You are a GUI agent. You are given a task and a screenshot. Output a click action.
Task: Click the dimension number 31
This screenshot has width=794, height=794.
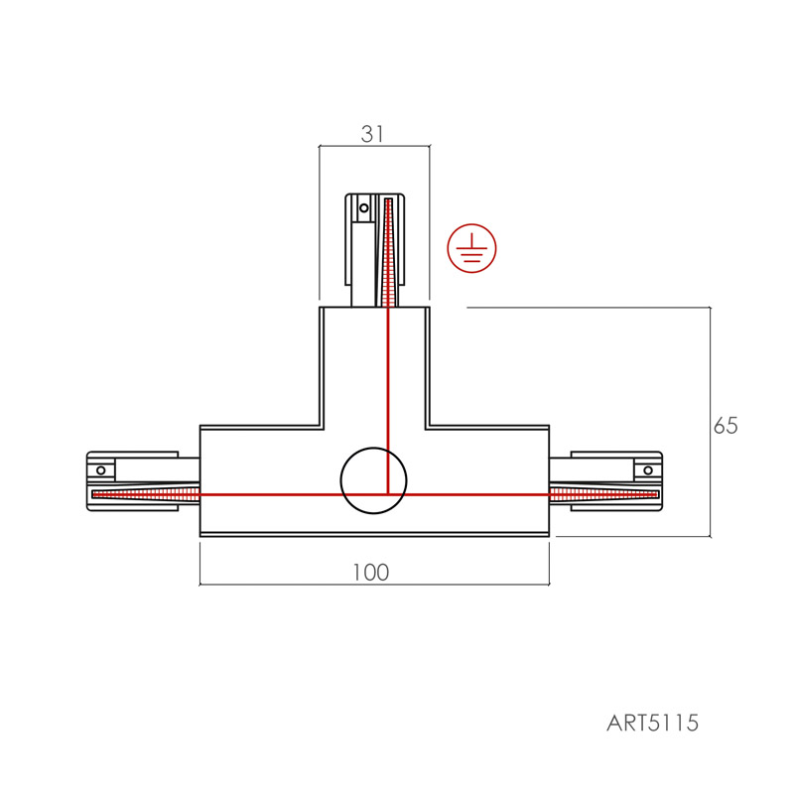coord(372,134)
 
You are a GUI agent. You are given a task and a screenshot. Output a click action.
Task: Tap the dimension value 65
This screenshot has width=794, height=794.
coord(726,426)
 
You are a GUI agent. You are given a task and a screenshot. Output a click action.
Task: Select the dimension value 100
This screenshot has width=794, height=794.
coord(371,573)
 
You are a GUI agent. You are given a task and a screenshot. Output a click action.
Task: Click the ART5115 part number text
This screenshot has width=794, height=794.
coord(652,723)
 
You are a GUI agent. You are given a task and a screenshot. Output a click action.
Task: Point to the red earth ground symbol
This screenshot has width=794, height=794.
coord(471,248)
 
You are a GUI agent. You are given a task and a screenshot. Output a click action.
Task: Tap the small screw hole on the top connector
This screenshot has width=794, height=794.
coord(363,207)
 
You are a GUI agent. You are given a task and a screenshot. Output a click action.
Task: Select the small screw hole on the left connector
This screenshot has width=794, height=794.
coord(101,470)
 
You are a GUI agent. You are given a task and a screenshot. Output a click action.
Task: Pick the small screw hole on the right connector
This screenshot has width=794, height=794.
coord(648,470)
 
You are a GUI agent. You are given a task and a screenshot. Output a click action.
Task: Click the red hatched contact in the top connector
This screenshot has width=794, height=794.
coord(388,253)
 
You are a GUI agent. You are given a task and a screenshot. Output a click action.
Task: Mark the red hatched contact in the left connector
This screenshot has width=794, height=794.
coord(146,493)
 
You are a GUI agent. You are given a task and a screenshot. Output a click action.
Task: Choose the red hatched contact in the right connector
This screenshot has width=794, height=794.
coord(603,493)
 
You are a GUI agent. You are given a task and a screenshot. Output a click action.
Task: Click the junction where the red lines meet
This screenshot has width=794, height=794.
coord(388,493)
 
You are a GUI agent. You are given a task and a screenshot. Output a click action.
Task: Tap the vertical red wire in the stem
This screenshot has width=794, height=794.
coord(388,400)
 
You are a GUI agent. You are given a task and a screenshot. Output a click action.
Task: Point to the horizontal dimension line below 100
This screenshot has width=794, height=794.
coord(374,585)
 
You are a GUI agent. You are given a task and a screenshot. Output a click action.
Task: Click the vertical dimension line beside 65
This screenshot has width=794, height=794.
coord(710,422)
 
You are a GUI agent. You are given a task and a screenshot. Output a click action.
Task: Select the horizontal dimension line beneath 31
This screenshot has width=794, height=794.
coord(374,146)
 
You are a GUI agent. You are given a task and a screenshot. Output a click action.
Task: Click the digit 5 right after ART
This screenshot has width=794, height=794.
coord(654,724)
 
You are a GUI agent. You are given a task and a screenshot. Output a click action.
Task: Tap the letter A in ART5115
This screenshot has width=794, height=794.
coord(613,724)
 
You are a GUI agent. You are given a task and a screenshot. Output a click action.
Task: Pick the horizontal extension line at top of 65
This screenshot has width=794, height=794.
coord(589,308)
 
